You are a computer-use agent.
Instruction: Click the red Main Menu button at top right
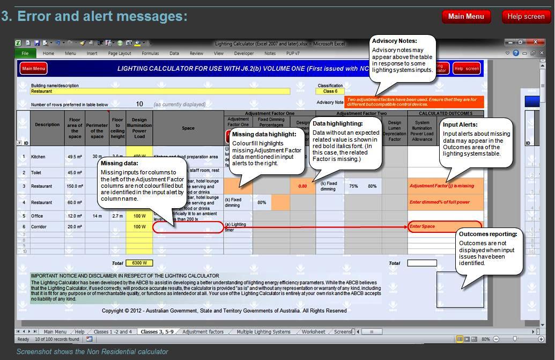pyautogui.click(x=466, y=17)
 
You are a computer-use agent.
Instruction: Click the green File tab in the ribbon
pyautogui.click(x=25, y=54)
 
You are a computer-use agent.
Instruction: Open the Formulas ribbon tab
pyautogui.click(x=150, y=54)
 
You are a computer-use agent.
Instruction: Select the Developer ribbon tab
pyautogui.click(x=244, y=54)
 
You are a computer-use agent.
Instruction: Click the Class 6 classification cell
pyautogui.click(x=330, y=92)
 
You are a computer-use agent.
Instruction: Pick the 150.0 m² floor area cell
pyautogui.click(x=74, y=186)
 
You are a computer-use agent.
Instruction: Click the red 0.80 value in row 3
pyautogui.click(x=302, y=186)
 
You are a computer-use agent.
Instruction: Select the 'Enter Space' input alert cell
pyautogui.click(x=445, y=227)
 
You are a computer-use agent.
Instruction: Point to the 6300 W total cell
pyautogui.click(x=139, y=263)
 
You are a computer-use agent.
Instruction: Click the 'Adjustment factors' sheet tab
pyautogui.click(x=203, y=332)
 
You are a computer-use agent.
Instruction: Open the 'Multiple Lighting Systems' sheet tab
pyautogui.click(x=263, y=332)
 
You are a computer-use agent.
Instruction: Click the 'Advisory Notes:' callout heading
pyautogui.click(x=394, y=41)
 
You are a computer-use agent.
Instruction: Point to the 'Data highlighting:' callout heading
pyautogui.click(x=338, y=124)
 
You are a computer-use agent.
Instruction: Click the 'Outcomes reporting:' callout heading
pyautogui.click(x=488, y=234)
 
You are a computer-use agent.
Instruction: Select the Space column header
pyautogui.click(x=188, y=128)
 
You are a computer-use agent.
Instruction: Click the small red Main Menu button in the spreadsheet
pyautogui.click(x=34, y=69)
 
